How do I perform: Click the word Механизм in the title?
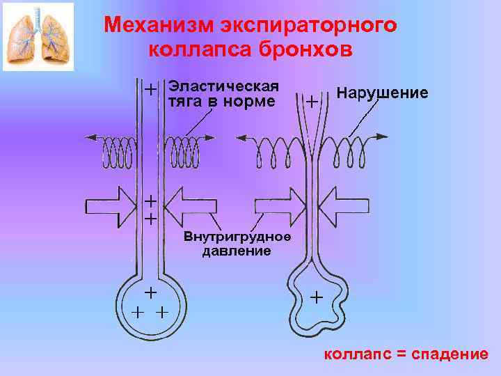pos(158,25)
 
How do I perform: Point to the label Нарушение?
pos(382,93)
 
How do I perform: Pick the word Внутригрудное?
pos(237,237)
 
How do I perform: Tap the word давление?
pos(237,251)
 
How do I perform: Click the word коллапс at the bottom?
pos(356,354)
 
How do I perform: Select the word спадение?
pos(450,354)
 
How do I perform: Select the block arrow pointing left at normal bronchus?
pos(198,206)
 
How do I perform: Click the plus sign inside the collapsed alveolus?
pos(317,297)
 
